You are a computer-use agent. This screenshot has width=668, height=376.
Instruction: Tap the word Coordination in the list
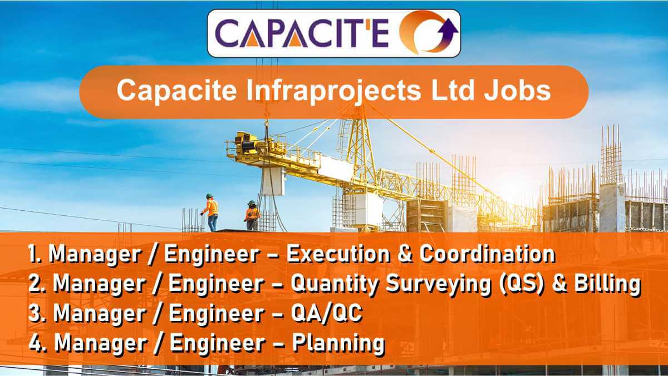pos(487,254)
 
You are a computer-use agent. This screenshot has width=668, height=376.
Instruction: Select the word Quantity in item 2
pos(334,284)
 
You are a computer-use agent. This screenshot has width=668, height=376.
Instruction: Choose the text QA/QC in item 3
pos(327,314)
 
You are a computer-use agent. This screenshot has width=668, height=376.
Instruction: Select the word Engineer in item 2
pos(212,284)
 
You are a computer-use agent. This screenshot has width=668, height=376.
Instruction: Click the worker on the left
pos(211,212)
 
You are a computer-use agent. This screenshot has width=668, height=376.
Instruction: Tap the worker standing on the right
pos(252,215)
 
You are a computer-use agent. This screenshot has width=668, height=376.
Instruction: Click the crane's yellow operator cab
pos(247,146)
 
